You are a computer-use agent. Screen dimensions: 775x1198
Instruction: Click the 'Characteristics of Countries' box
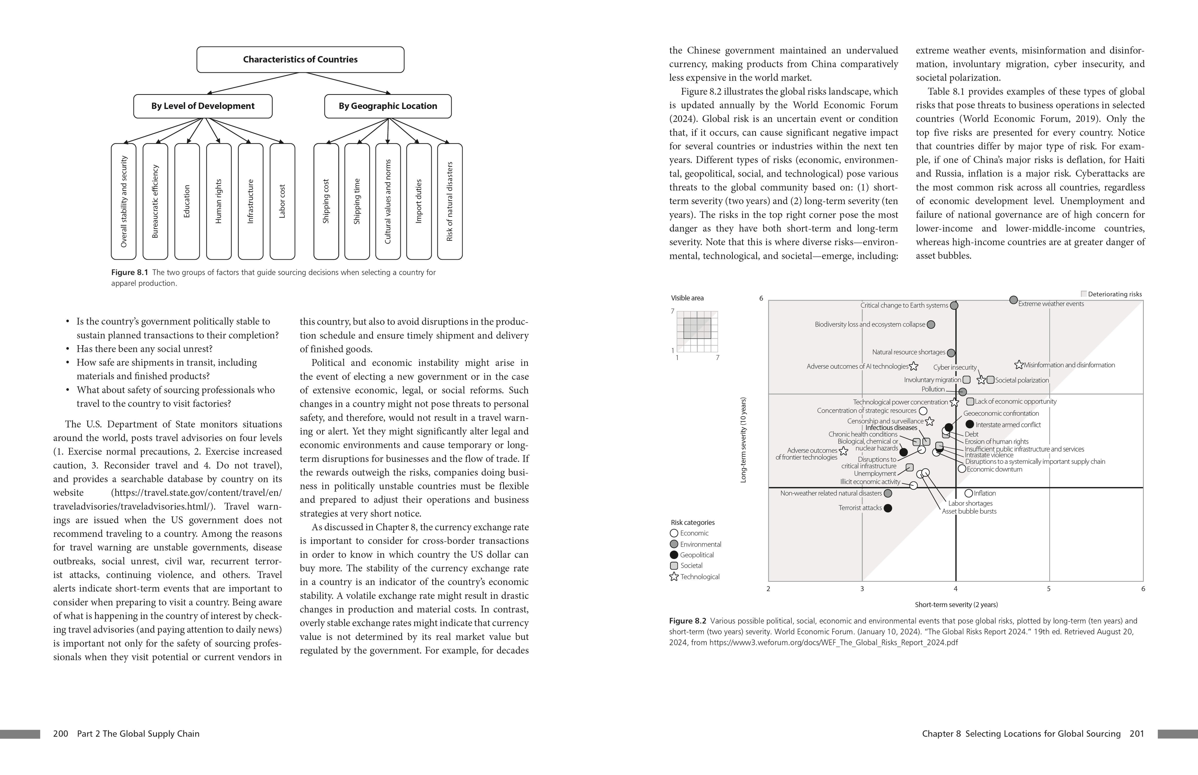300,59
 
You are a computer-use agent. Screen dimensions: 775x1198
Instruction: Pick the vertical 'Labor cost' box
282,201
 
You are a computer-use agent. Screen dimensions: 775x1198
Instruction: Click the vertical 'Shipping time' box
357,201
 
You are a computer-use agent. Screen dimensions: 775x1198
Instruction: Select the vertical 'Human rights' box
219,201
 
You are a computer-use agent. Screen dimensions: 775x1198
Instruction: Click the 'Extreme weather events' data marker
1013,300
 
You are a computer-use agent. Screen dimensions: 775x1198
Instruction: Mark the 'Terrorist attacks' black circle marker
888,508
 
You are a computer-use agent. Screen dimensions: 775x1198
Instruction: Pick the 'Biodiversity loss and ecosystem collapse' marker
931,325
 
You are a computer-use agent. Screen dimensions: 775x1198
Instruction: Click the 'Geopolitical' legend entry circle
674,555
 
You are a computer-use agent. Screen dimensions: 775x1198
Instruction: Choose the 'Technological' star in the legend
674,577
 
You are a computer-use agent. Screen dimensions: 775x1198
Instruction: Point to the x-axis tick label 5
1049,589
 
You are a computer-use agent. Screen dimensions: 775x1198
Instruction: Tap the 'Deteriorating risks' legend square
1084,294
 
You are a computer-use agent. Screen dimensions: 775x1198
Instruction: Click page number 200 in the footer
60,734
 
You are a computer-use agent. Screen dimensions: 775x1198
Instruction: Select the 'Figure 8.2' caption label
688,621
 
